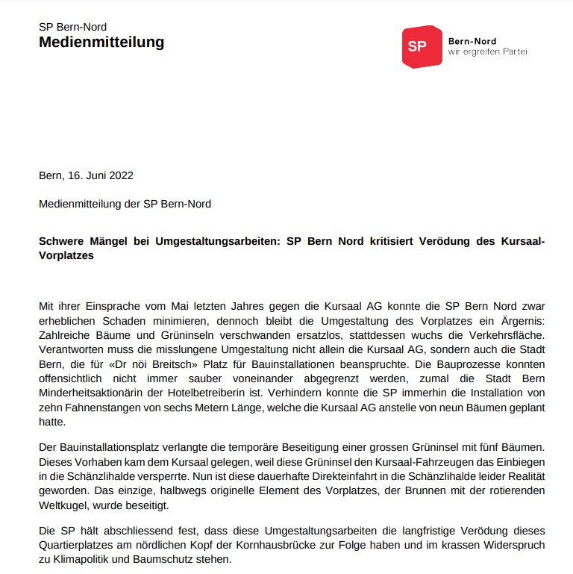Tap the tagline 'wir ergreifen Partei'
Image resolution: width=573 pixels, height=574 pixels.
(x=487, y=52)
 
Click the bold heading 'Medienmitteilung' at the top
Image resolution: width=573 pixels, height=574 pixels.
(x=101, y=42)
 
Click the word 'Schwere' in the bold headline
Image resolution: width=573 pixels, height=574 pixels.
(x=60, y=241)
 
